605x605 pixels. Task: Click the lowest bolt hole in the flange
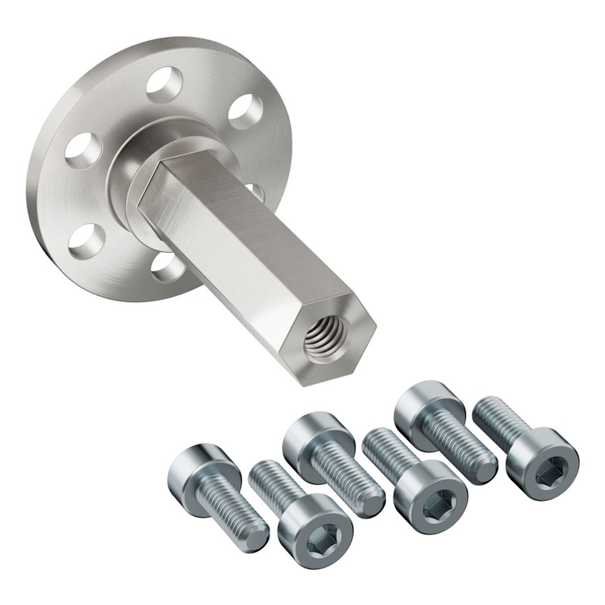[x=164, y=268]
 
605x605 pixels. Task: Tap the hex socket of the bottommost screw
[x=316, y=543]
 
